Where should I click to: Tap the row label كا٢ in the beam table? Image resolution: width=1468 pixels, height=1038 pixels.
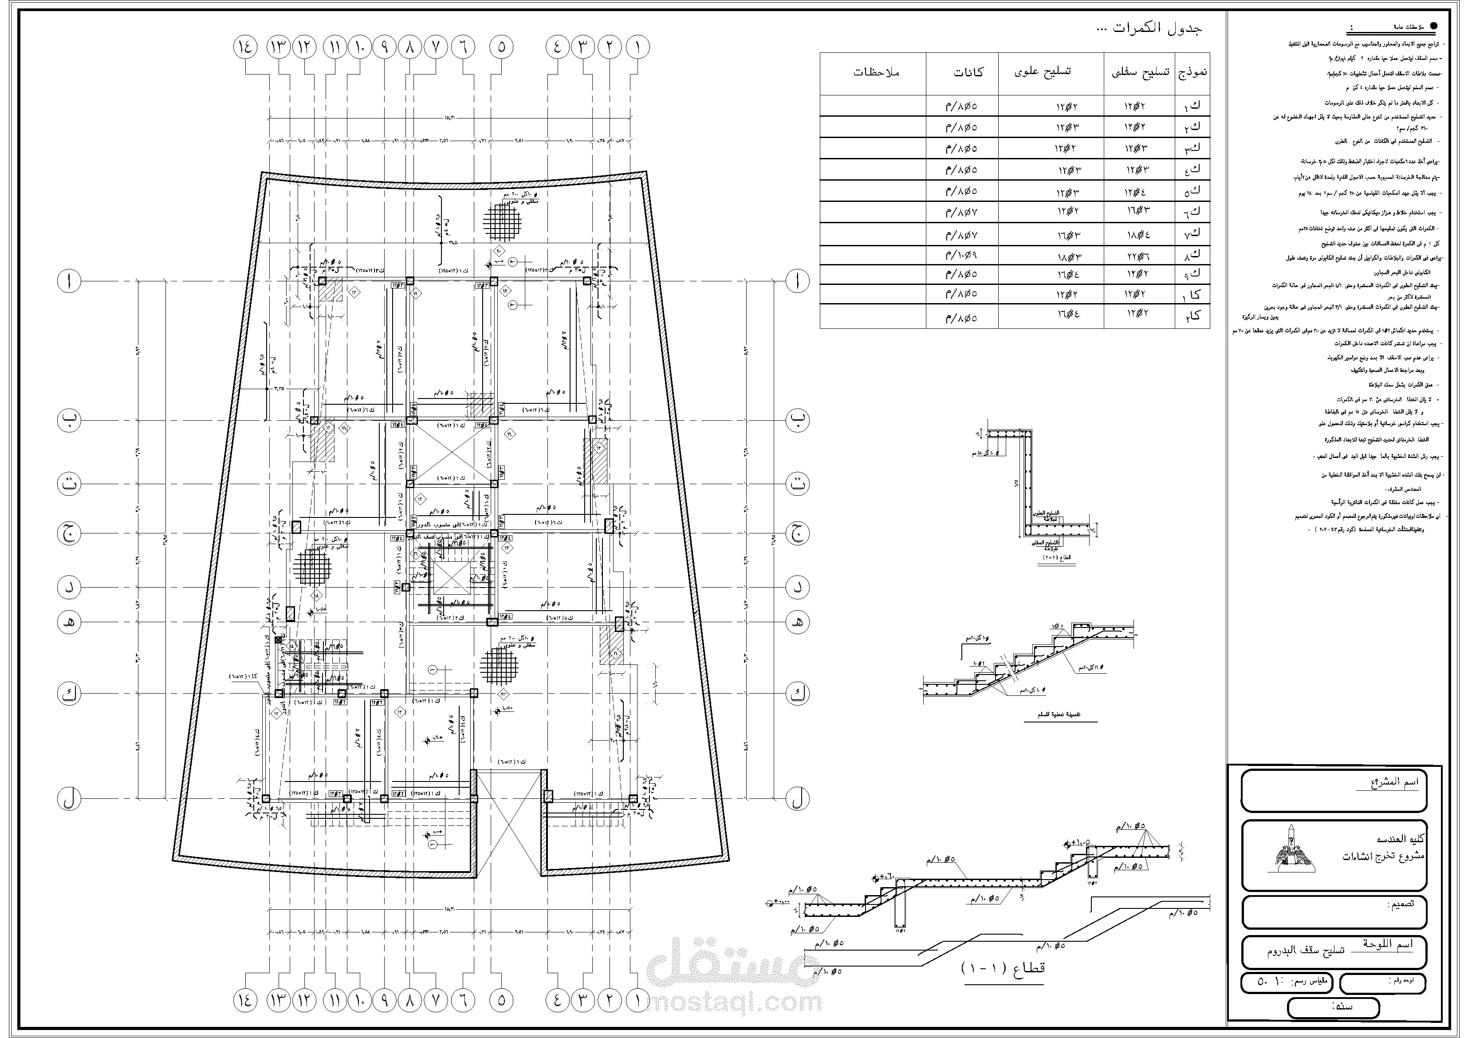coord(1193,316)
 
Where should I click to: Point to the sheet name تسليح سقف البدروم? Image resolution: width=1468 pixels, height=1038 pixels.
coord(1306,951)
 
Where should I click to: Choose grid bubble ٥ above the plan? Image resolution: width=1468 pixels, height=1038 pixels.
coord(501,47)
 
